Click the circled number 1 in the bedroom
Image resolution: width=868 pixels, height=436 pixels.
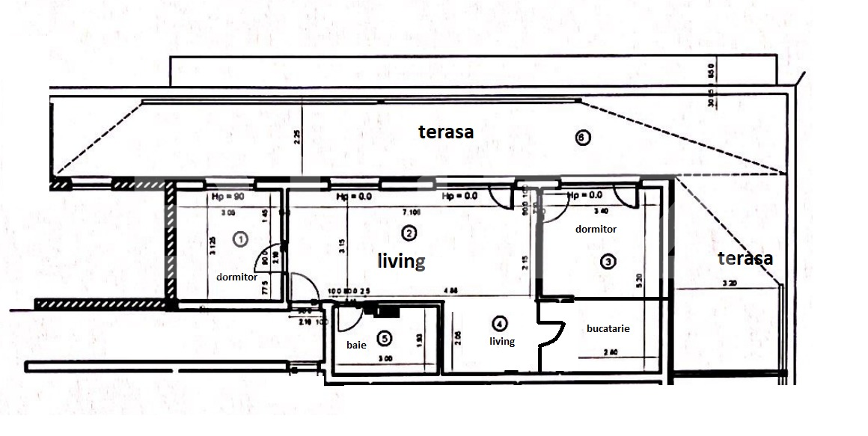pos(241,239)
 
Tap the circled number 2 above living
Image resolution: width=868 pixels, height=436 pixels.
pos(409,233)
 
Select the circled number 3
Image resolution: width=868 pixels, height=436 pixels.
pos(608,261)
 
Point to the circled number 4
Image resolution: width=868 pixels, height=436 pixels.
pos(499,324)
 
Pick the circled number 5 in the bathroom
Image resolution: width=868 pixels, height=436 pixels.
pos(385,339)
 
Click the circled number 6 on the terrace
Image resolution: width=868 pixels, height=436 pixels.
pos(583,137)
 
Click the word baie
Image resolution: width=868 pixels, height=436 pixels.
pos(356,346)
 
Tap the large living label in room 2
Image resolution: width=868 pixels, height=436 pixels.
pos(401,261)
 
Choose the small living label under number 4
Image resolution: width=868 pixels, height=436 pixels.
pos(502,342)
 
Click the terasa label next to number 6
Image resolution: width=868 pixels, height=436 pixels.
pos(446,132)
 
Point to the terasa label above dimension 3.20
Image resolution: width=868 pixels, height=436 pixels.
pos(745,259)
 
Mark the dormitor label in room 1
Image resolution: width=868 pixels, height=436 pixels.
pos(236,277)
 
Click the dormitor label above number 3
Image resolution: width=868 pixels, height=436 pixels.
pos(596,230)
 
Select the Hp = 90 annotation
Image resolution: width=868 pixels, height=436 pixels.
pos(219,197)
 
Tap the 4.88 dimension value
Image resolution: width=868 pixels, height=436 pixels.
pos(450,291)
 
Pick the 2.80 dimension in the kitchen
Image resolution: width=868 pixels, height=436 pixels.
pos(611,351)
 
